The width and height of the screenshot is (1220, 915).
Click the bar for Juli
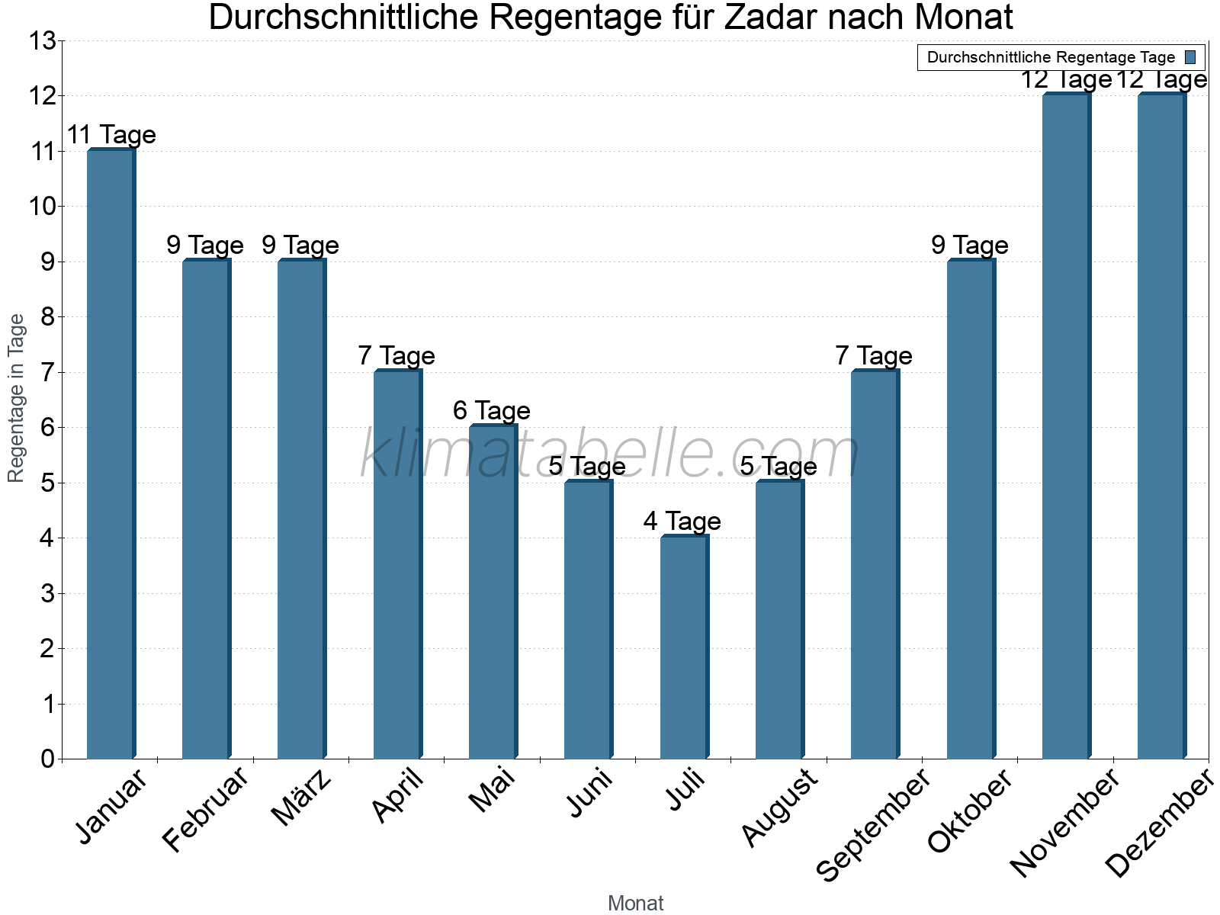(x=684, y=647)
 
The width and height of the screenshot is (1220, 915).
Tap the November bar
(x=1066, y=426)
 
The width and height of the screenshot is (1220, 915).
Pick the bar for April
(x=397, y=564)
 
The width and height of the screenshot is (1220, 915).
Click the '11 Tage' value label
(x=111, y=135)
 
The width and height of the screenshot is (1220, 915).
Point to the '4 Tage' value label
(x=682, y=522)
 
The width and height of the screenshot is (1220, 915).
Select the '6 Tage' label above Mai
(x=491, y=411)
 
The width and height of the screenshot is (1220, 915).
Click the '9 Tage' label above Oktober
(x=969, y=246)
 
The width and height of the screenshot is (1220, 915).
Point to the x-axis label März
(x=303, y=798)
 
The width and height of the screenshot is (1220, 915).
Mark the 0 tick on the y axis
(x=47, y=759)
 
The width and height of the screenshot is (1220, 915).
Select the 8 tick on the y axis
(x=47, y=317)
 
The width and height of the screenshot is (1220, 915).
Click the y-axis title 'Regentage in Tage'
(x=16, y=398)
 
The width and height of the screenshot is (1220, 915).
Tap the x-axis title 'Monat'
(x=635, y=904)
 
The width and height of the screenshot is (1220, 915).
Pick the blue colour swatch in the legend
(x=1190, y=57)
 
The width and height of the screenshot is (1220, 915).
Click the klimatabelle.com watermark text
(x=610, y=455)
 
